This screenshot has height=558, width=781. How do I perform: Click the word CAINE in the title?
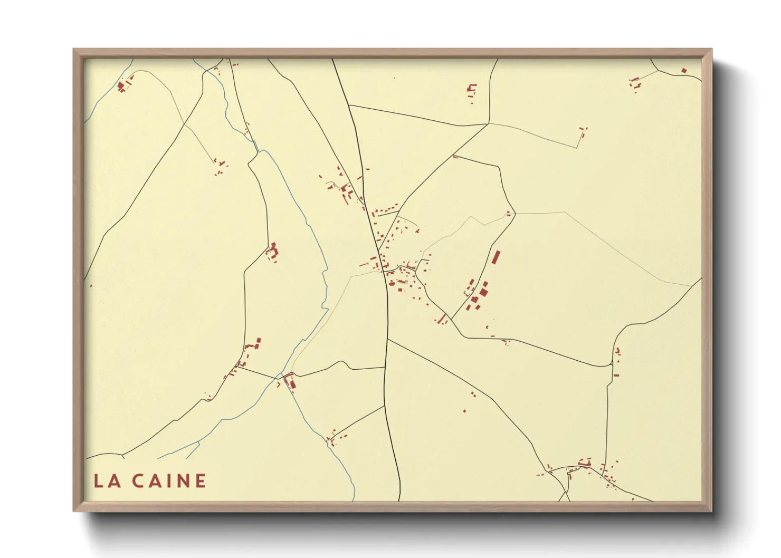pos(168,480)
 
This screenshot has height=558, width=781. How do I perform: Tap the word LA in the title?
pos(106,480)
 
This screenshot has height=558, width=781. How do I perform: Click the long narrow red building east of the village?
pos(496,257)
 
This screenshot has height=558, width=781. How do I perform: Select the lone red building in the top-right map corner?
pos(684,71)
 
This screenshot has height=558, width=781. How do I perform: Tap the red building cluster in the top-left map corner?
pos(122,86)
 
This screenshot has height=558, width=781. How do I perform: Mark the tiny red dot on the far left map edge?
pos(91,286)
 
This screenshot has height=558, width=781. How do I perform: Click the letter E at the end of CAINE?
pos(200,480)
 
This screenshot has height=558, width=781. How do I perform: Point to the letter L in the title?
pos(98,480)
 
